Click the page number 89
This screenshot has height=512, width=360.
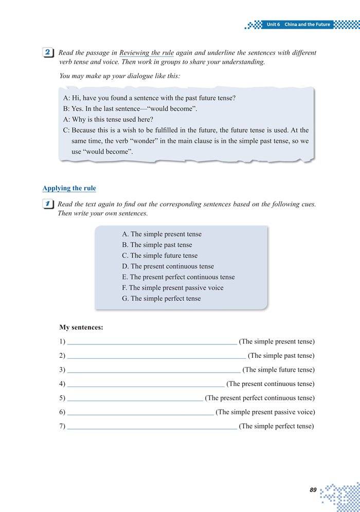(313, 490)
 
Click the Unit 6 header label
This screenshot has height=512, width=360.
(298, 25)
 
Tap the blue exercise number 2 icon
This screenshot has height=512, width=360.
(48, 52)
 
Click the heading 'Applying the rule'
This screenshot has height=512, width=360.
(69, 188)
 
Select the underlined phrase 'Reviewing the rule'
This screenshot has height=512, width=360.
(147, 53)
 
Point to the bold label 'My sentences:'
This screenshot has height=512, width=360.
(81, 327)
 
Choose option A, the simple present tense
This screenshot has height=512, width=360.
(161, 234)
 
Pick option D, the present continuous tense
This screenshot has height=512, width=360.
(168, 266)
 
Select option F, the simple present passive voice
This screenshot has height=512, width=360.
(172, 288)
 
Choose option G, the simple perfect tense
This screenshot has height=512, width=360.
(161, 298)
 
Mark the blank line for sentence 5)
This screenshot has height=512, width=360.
(135, 399)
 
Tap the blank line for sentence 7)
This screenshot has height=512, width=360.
(152, 428)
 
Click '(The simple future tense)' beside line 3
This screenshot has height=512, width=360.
(278, 370)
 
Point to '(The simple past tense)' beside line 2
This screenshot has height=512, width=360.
(281, 356)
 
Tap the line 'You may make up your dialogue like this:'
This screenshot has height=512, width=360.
(120, 76)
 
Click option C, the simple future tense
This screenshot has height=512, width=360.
(159, 255)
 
